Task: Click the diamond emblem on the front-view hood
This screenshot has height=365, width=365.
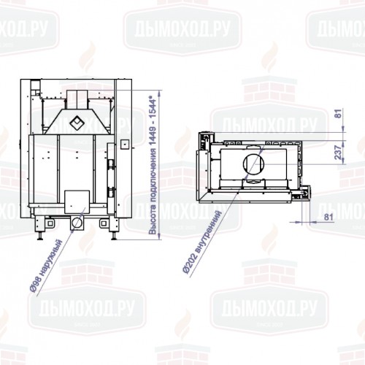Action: [x=76, y=120]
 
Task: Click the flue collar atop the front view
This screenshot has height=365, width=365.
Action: [x=76, y=96]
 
